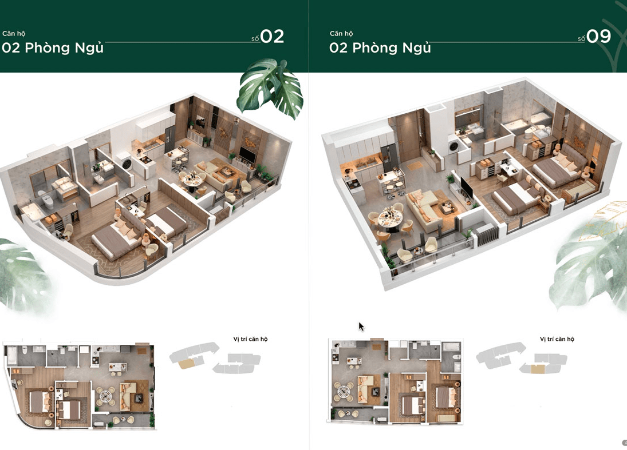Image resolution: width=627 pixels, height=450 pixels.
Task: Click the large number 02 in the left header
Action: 273,37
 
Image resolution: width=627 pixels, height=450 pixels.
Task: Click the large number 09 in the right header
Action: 598,37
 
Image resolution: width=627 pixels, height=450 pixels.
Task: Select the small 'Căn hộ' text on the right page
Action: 341,34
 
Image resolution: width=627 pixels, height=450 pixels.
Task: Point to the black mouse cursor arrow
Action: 361,326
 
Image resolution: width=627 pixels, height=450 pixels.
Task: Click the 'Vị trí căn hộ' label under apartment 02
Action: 250,339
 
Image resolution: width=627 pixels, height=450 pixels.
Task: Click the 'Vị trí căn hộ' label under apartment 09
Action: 557,339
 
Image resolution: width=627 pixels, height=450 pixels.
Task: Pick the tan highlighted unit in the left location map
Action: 187,363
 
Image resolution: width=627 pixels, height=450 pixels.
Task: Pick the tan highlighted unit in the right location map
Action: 538,369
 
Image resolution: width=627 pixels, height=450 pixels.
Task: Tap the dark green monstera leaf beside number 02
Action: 270,88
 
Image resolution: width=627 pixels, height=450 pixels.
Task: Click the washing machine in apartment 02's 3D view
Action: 127,164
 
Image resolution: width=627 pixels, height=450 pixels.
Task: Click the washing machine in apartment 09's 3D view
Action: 454,146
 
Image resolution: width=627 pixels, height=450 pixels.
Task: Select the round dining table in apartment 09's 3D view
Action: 390,218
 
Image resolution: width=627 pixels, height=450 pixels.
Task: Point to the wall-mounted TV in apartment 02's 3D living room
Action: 247,154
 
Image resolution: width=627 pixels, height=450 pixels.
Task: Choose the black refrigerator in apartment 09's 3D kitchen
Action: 388,158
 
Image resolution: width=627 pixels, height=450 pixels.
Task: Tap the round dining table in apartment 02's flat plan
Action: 105,395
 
